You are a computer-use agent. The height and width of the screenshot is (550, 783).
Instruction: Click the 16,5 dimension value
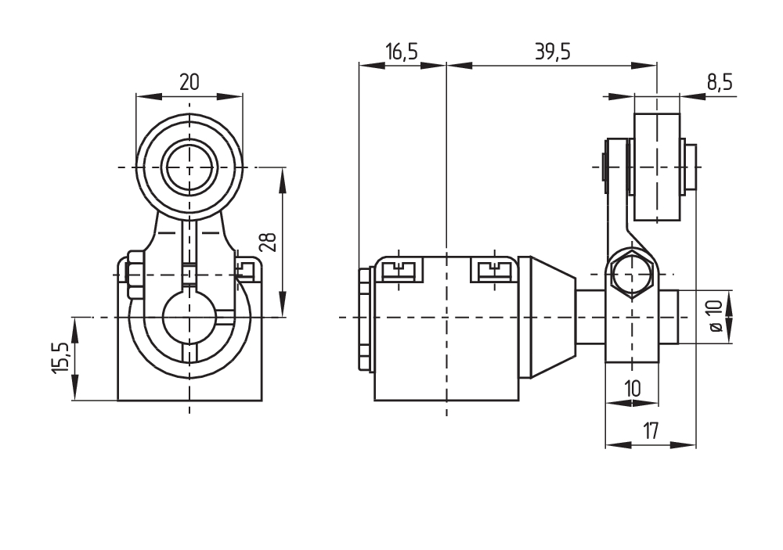point(401,52)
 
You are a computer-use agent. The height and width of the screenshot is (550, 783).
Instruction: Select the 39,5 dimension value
point(552,52)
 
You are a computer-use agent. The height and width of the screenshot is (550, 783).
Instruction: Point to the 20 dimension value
point(189,82)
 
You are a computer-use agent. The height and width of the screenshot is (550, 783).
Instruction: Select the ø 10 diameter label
point(715,316)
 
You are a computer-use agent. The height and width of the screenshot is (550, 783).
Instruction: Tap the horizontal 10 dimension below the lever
point(632,388)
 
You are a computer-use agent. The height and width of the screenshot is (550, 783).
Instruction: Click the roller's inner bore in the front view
point(189,167)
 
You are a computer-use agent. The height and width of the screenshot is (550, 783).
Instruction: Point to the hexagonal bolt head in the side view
point(632,275)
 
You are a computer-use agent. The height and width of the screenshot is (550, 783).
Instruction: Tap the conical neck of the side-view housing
point(553,316)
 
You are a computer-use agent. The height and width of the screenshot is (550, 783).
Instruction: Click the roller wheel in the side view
point(656,167)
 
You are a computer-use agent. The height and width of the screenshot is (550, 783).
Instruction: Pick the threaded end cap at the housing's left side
point(365,318)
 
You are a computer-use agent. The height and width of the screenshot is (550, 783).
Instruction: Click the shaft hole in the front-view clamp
point(189,317)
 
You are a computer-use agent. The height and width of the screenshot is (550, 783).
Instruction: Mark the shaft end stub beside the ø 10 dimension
point(677,316)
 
